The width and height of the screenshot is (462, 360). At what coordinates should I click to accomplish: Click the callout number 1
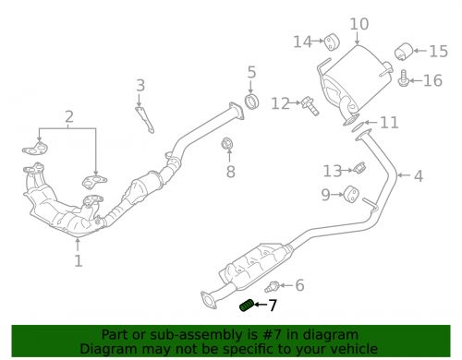pyautogui.click(x=79, y=261)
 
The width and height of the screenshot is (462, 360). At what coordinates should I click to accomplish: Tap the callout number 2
pyautogui.click(x=68, y=117)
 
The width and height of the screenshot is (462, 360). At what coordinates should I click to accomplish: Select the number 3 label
pyautogui.click(x=140, y=86)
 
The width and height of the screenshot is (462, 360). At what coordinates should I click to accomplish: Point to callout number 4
pyautogui.click(x=418, y=176)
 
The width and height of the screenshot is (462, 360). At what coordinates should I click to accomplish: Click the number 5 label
pyautogui.click(x=250, y=72)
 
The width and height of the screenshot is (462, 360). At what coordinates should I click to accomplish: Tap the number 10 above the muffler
pyautogui.click(x=359, y=24)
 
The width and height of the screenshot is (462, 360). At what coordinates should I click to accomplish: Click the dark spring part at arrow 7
pyautogui.click(x=247, y=306)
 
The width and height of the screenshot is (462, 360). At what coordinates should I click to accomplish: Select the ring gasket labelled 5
pyautogui.click(x=250, y=99)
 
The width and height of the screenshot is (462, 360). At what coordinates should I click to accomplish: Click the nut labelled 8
pyautogui.click(x=227, y=144)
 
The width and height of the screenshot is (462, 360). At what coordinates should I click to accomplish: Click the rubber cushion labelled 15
pyautogui.click(x=403, y=50)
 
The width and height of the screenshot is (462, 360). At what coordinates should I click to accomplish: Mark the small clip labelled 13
pyautogui.click(x=359, y=168)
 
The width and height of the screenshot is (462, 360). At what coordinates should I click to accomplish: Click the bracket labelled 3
pyautogui.click(x=143, y=119)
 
